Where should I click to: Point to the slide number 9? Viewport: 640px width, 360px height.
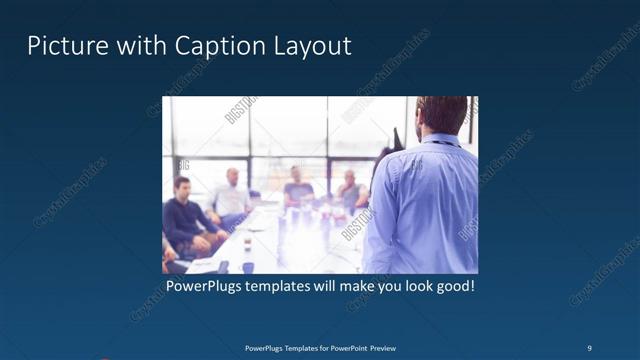tap(590, 348)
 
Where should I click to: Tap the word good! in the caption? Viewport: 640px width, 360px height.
tap(452, 287)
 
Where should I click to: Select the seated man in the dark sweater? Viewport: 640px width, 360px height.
tap(185, 215)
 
